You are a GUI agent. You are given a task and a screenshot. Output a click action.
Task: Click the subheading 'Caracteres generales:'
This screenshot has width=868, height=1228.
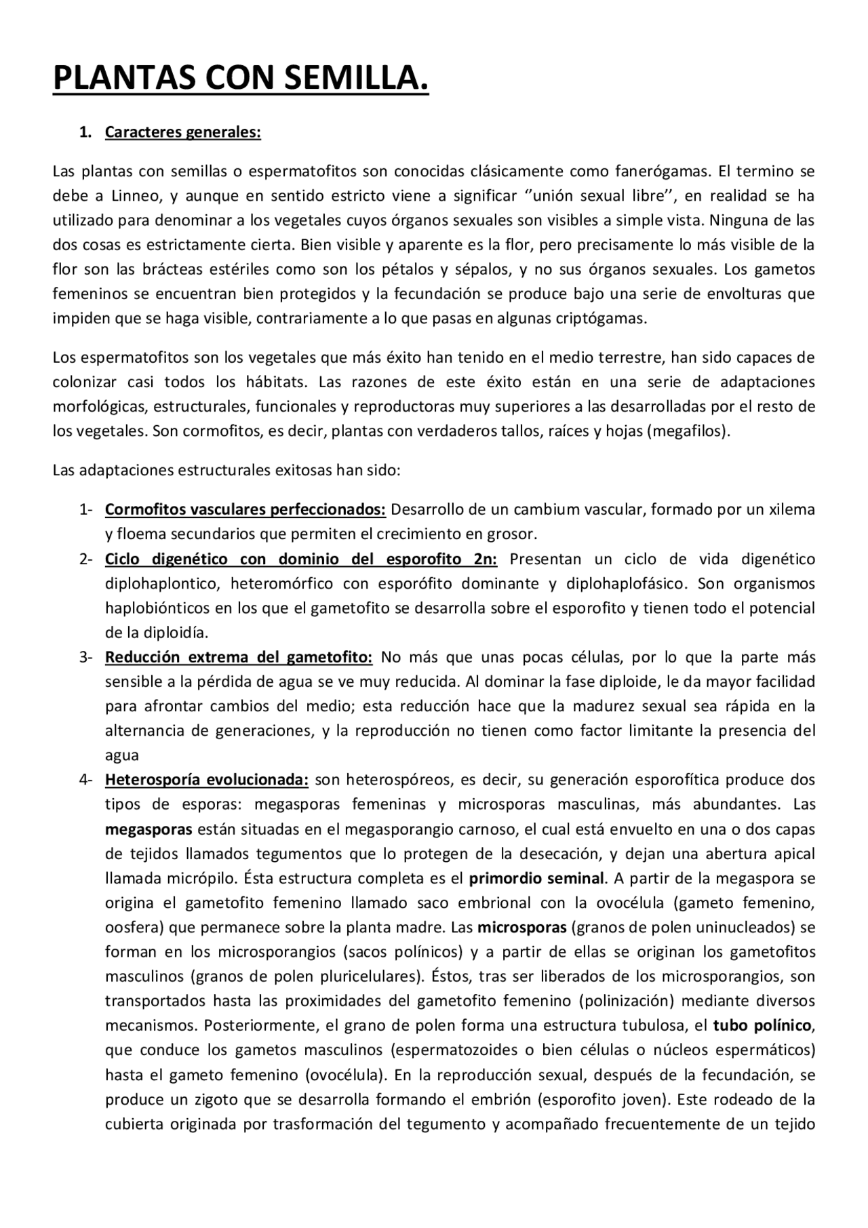tap(182, 132)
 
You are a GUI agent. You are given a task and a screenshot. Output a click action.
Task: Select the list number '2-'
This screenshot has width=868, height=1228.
tap(85, 559)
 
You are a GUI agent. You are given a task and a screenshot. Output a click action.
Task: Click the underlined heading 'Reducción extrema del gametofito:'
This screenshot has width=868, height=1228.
tap(238, 657)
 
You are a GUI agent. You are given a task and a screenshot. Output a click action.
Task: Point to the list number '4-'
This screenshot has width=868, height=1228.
tap(85, 780)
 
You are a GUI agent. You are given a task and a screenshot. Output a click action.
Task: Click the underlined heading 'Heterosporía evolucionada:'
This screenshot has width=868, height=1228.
tap(207, 780)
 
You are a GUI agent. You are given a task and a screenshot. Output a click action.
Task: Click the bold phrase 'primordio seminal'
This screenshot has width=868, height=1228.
tap(536, 878)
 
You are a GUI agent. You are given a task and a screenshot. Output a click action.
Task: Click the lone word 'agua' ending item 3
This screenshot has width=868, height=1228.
tap(122, 755)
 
